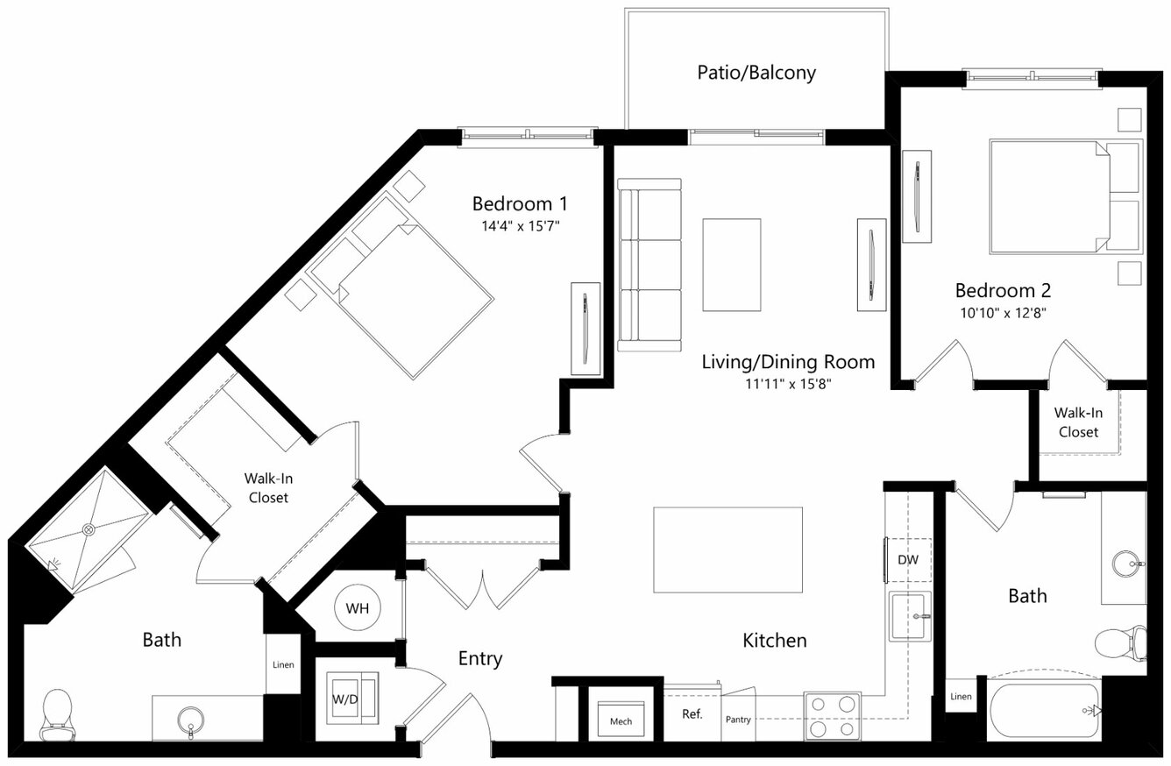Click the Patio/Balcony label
[756, 73]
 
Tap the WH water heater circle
[358, 608]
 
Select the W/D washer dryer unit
[351, 699]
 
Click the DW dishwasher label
[908, 560]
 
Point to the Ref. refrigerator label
[692, 714]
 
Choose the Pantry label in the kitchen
[738, 720]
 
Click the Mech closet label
[621, 721]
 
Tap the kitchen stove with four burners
[833, 716]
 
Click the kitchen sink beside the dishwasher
[910, 616]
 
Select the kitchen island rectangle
[727, 550]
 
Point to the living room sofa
[649, 265]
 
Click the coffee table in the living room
[731, 265]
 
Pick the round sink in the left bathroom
[190, 720]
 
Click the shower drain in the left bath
[89, 529]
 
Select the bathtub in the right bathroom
[1045, 711]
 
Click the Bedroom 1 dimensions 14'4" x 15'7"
[520, 226]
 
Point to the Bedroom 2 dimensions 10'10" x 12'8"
[1003, 313]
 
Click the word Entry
[480, 659]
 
